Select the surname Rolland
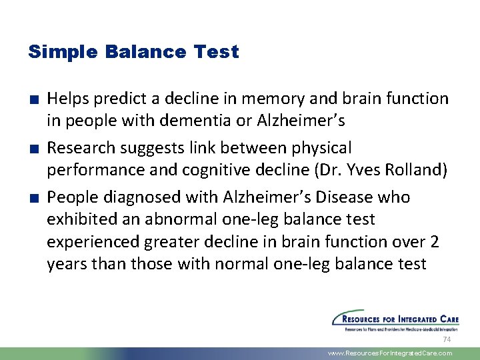coord(417,169)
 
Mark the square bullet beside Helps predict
coord(33,99)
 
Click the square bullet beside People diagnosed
coord(33,198)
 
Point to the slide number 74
coord(447,339)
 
